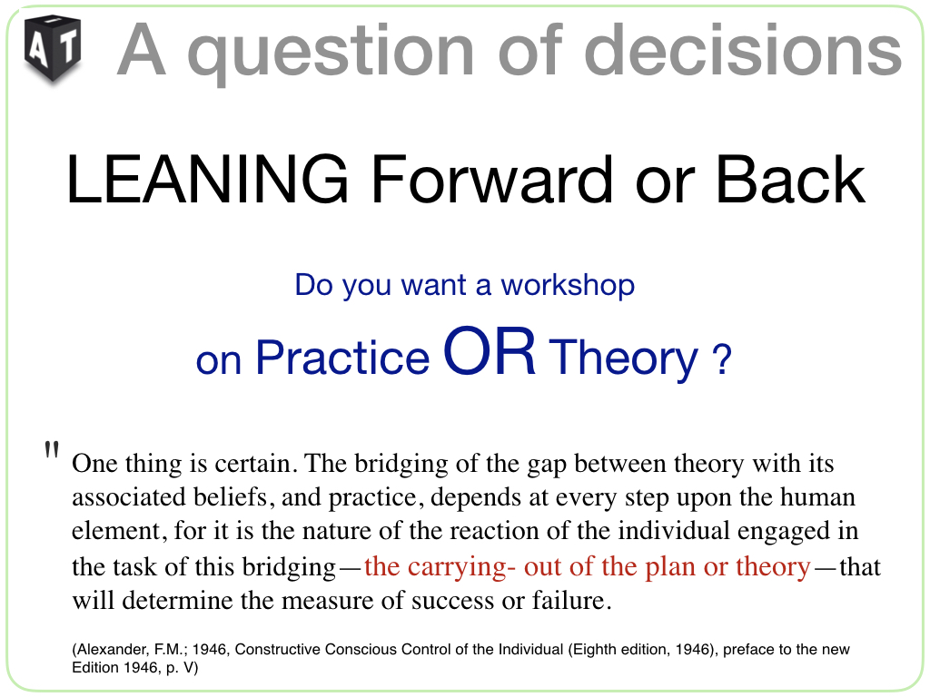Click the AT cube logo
pos(52,49)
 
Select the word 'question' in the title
pos(331,54)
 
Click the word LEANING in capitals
pos(207,179)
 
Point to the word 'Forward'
pos(491,179)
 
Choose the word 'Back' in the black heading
pos(790,179)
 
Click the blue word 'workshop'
pos(568,286)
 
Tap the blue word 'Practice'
pos(342,358)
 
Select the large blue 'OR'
pos(490,351)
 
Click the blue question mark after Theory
pos(721,358)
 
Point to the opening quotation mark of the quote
pos(52,450)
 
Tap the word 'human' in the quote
pos(817,497)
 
